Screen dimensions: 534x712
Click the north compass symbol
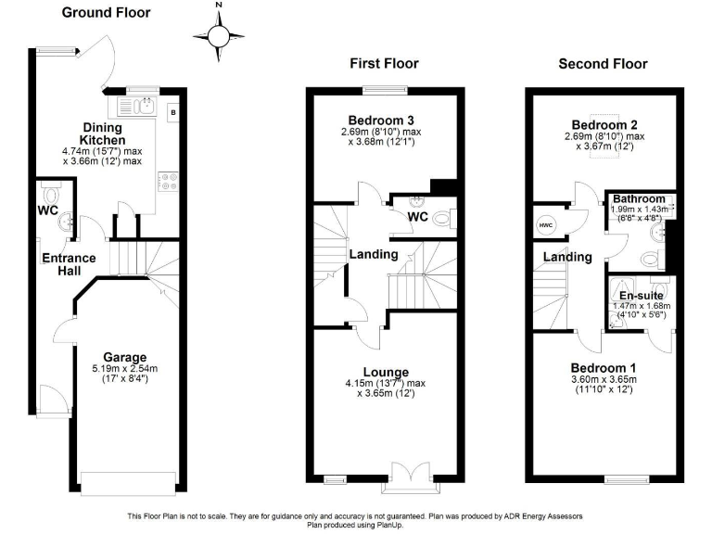click(219, 36)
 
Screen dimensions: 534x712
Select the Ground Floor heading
click(106, 13)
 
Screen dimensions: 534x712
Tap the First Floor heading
click(384, 64)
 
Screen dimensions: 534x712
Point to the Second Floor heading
click(603, 64)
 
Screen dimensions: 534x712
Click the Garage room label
click(125, 357)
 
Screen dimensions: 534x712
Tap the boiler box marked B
click(172, 112)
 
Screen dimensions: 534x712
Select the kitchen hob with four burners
click(170, 180)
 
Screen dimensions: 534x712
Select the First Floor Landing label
click(374, 254)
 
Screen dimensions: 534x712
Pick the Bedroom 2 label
click(604, 125)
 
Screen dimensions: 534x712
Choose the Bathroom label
click(639, 198)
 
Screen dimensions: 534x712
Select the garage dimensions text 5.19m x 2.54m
click(125, 369)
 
